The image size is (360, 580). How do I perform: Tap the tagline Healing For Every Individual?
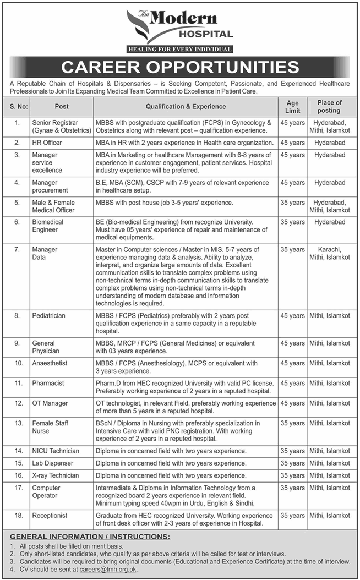point(179,50)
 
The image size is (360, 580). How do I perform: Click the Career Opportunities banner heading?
point(180,67)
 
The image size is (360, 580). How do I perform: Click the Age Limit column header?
point(292,106)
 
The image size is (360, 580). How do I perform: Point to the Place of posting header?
point(330,106)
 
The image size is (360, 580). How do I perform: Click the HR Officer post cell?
point(48,143)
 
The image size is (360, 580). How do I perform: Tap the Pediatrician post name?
point(48,316)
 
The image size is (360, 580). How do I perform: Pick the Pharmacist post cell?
point(48,383)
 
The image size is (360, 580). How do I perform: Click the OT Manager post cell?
point(50,403)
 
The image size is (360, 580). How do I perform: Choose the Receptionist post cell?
point(50,516)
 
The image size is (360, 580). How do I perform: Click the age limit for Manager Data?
point(292,250)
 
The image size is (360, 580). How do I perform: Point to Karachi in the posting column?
point(330,250)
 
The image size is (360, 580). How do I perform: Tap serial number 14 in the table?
point(18,451)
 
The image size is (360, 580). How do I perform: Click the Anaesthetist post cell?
point(50,363)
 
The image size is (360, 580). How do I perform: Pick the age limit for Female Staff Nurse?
point(292,423)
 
